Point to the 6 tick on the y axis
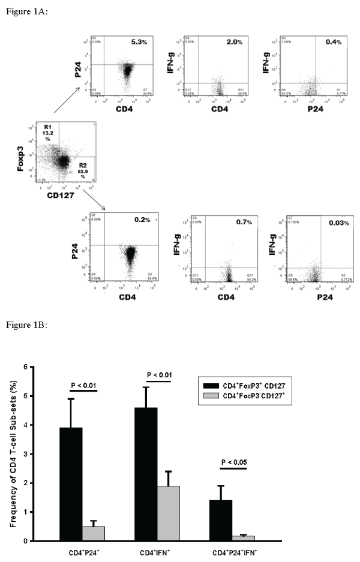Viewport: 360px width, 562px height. [x=41, y=366]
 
